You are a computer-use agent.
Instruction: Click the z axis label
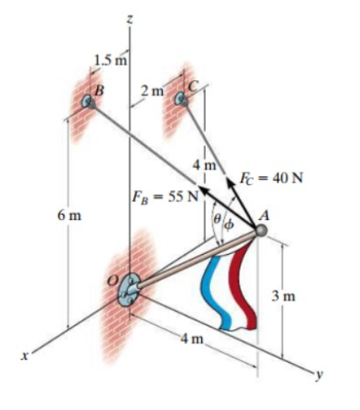tap(130, 20)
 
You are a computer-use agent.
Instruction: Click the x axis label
tap(26, 355)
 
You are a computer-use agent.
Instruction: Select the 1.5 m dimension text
tap(111, 60)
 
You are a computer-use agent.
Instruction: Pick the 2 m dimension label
tap(153, 90)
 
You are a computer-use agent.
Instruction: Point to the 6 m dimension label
tap(69, 216)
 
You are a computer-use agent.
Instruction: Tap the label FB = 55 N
tap(165, 197)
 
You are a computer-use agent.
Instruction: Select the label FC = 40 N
tap(271, 178)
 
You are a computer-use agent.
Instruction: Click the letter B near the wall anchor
tap(99, 91)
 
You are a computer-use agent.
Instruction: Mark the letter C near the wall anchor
tap(193, 86)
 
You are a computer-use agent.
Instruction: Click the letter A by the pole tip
tap(264, 217)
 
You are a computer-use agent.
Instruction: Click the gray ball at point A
tap(261, 230)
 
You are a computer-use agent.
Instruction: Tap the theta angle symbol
tap(217, 219)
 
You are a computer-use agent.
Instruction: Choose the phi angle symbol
tap(229, 225)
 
